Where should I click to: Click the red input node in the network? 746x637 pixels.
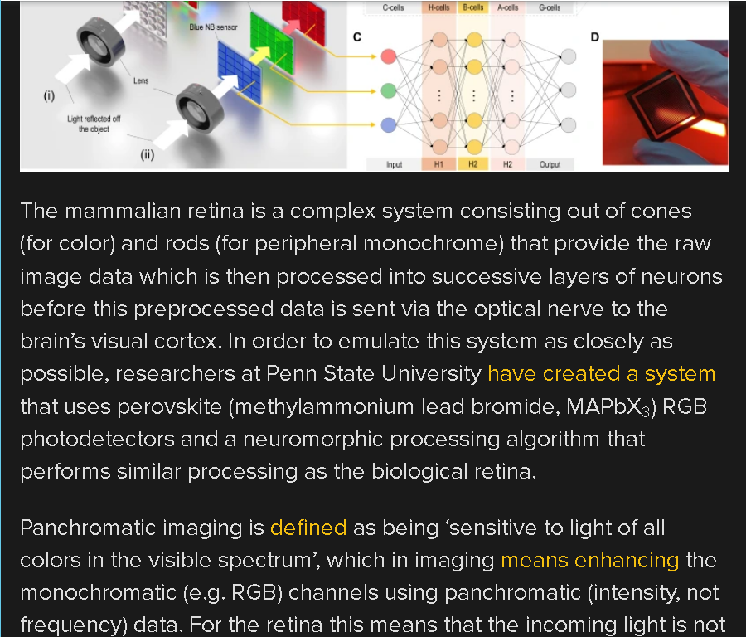(389, 56)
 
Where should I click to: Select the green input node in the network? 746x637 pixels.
(389, 90)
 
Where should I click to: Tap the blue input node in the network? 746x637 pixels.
(389, 124)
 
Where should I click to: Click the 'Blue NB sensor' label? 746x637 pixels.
(213, 27)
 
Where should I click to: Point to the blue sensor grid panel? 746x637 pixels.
(240, 71)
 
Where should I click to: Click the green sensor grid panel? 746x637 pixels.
(272, 42)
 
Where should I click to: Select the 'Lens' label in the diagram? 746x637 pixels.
(141, 81)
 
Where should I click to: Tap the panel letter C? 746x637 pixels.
(357, 37)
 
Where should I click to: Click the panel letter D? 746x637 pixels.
(594, 37)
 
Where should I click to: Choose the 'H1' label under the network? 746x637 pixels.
(438, 164)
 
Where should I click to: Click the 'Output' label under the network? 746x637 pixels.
(550, 164)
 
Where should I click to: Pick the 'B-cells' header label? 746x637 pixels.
(473, 7)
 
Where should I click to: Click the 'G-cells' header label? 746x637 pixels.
(550, 7)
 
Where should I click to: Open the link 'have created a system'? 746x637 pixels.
(602, 374)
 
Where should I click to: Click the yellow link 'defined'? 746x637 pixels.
(308, 528)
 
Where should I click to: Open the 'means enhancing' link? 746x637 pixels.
(590, 561)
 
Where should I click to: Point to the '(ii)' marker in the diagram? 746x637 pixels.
(147, 155)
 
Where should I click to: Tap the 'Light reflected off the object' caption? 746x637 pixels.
(94, 124)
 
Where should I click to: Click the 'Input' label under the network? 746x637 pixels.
(394, 165)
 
